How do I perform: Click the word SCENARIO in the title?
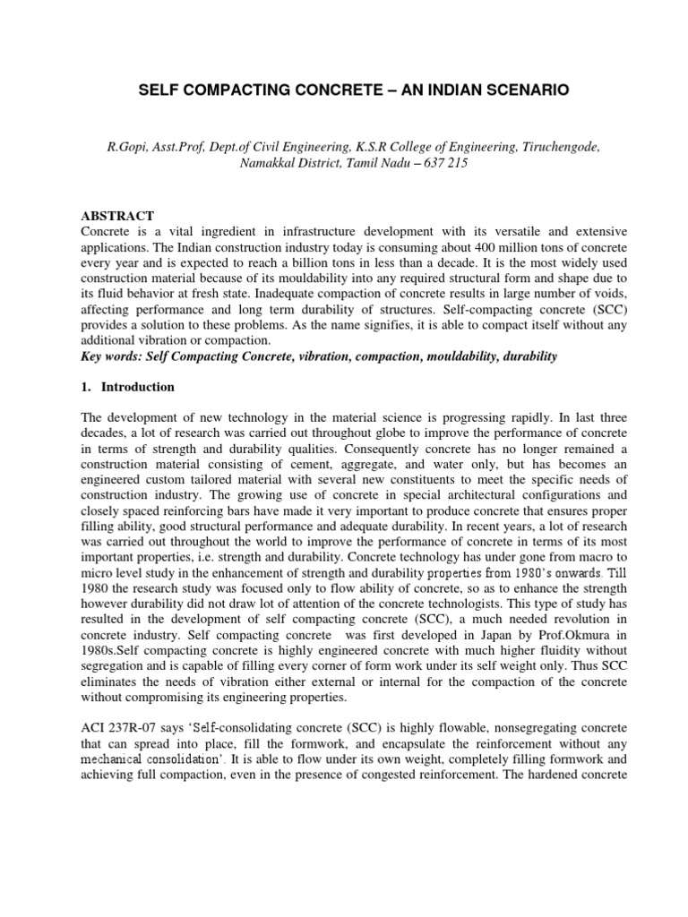coord(503,91)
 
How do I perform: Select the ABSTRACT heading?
coord(118,216)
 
